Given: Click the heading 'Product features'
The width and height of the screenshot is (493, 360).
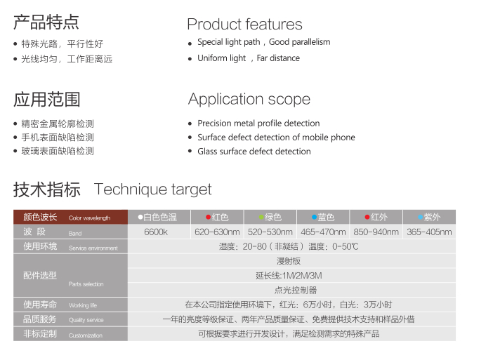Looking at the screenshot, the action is [244, 24].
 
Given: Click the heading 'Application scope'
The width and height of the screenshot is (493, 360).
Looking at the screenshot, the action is [249, 100].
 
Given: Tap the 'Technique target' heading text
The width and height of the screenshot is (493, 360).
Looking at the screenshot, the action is [153, 189].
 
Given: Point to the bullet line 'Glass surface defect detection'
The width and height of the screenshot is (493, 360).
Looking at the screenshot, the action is [254, 152].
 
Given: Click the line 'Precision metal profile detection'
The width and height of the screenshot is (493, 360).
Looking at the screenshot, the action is [258, 123].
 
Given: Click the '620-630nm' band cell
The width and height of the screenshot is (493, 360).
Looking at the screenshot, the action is [217, 232].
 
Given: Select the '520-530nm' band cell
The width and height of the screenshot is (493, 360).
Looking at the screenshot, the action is [270, 232].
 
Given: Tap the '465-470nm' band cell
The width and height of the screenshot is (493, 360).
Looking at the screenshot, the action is [323, 232].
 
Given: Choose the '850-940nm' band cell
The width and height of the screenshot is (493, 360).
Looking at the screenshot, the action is [376, 232].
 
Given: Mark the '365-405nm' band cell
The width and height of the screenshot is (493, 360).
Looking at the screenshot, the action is [429, 232].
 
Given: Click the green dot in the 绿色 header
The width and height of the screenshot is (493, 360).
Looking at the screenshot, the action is [261, 217].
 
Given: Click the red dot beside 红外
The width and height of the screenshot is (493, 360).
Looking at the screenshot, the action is [367, 217].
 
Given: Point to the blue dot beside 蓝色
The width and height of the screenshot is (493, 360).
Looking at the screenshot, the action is [314, 217].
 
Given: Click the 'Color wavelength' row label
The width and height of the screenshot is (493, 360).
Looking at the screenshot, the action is [90, 218].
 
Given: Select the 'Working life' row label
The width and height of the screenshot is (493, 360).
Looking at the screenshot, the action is [83, 305].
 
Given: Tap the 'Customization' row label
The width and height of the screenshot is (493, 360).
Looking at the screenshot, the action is [86, 335].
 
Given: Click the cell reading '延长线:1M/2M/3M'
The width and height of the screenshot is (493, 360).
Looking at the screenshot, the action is [289, 276].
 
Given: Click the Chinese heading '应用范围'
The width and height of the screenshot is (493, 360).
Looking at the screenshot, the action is [47, 100].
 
